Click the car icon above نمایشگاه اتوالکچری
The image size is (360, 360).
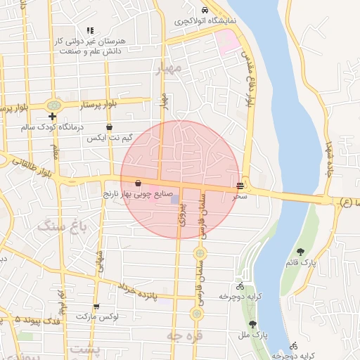205,11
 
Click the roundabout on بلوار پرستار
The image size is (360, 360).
53,106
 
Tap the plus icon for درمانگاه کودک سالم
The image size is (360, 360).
52,116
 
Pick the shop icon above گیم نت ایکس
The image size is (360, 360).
109,127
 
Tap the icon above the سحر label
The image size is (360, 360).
241,186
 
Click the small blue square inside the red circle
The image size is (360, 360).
174,200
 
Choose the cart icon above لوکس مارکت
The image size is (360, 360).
96,306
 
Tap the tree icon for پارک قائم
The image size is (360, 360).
301,252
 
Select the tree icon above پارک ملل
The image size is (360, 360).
252,324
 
